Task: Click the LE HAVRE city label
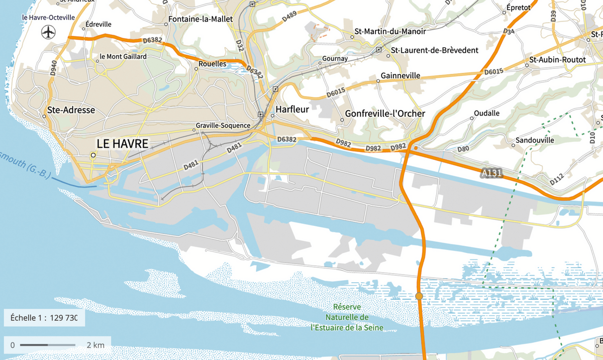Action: coord(122,144)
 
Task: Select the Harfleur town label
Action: coord(292,108)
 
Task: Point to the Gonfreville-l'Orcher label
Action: coord(385,113)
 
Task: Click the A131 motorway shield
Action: coord(491,173)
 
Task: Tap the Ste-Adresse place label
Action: coord(71,110)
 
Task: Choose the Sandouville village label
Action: coord(536,140)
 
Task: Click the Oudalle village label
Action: coord(487,113)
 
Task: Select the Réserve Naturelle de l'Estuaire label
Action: coord(347,317)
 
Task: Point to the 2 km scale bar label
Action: coord(95,345)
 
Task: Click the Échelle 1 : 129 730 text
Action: coord(43,318)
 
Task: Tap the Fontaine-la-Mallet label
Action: coord(200,19)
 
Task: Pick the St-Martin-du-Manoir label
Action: coord(390,31)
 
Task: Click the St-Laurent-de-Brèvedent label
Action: coord(435,50)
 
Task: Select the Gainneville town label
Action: coord(400,75)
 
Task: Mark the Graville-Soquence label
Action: coord(223,125)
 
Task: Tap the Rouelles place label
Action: coord(213,64)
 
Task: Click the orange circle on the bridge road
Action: coord(419,296)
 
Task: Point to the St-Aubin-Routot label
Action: coord(557,60)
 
